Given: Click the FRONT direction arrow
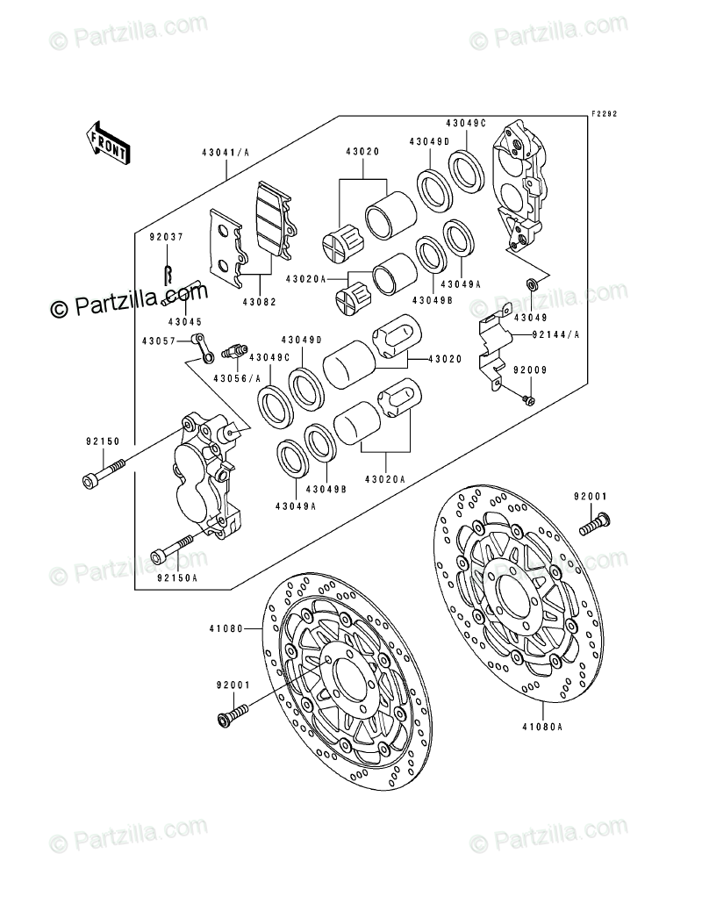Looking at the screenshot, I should pyautogui.click(x=108, y=141).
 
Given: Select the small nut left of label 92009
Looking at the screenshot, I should pyautogui.click(x=528, y=401).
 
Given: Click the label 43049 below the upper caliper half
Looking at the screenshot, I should pyautogui.click(x=530, y=317).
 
